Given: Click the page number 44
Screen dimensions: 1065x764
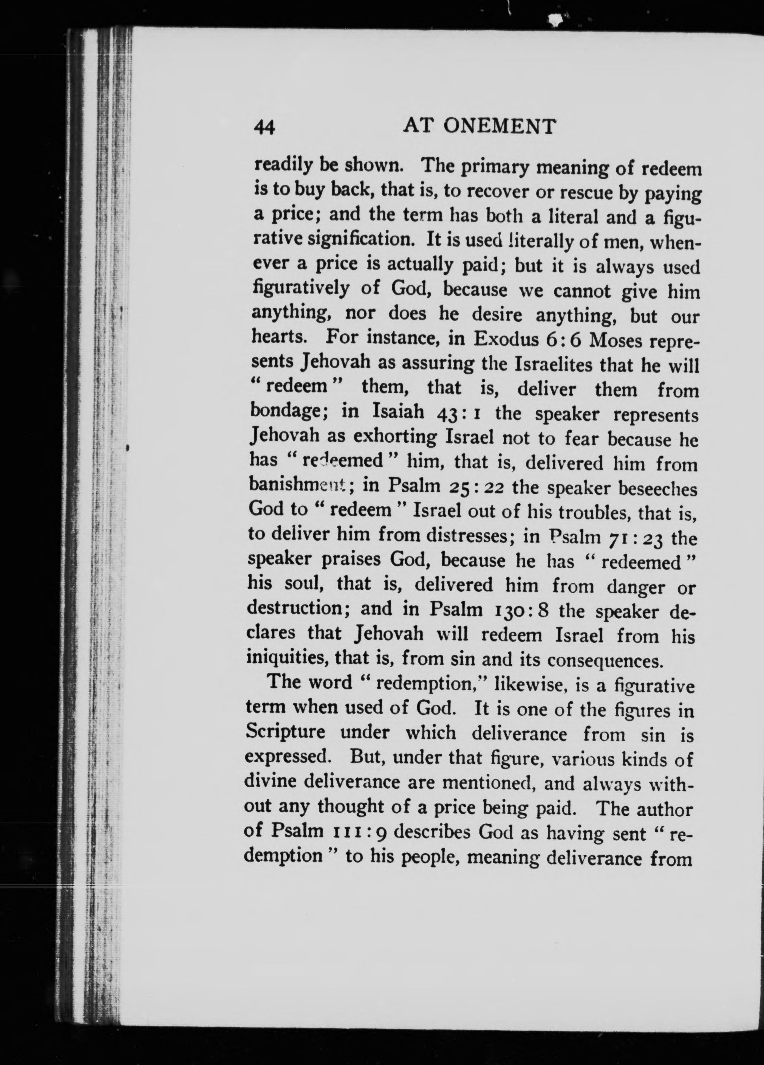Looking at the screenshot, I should pos(264,128).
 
